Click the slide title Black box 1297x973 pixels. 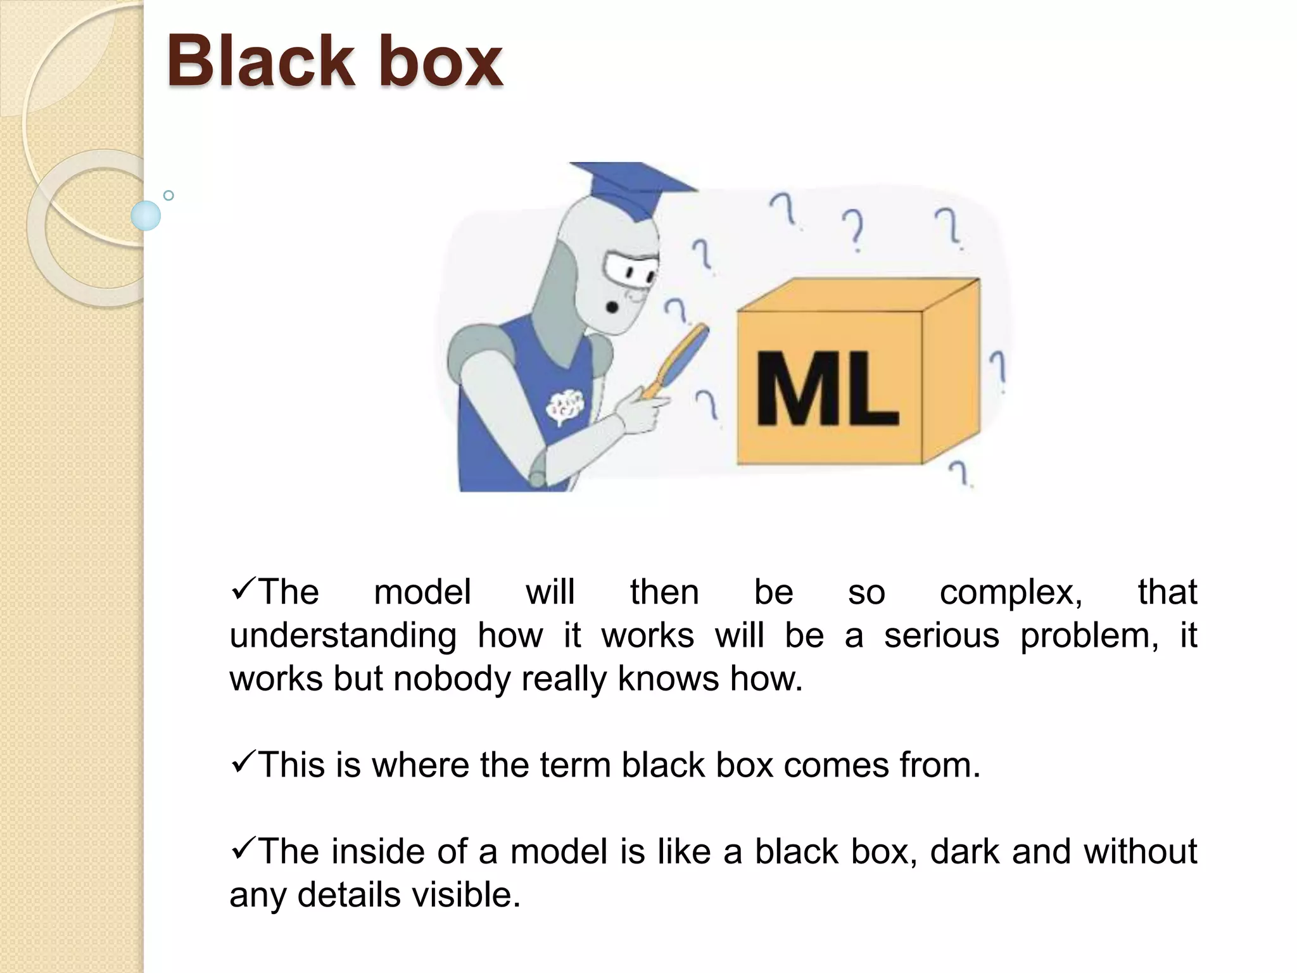pos(334,62)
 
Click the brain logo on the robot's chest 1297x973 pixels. pos(565,405)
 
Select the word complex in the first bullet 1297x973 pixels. pos(1011,592)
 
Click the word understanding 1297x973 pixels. pos(343,636)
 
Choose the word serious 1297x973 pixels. pos(941,635)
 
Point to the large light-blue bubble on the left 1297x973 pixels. pos(146,215)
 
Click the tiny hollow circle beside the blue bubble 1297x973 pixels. pos(168,196)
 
